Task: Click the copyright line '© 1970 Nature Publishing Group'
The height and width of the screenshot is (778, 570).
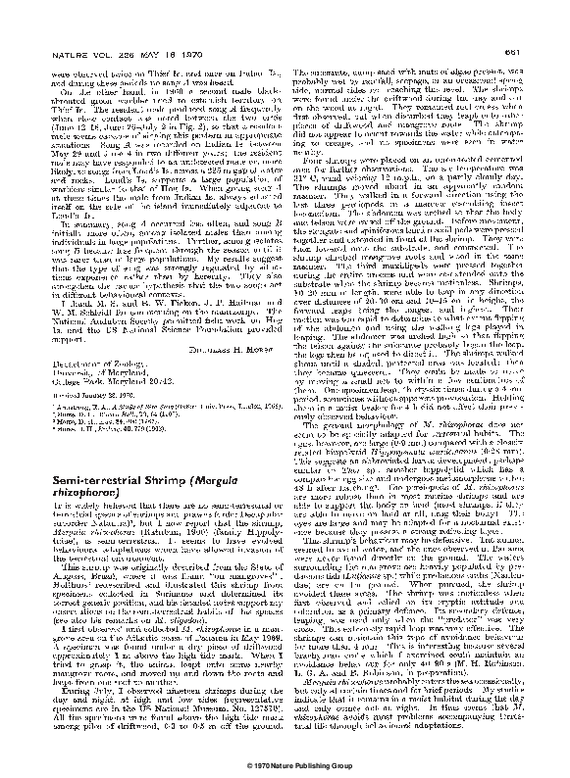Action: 285,762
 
